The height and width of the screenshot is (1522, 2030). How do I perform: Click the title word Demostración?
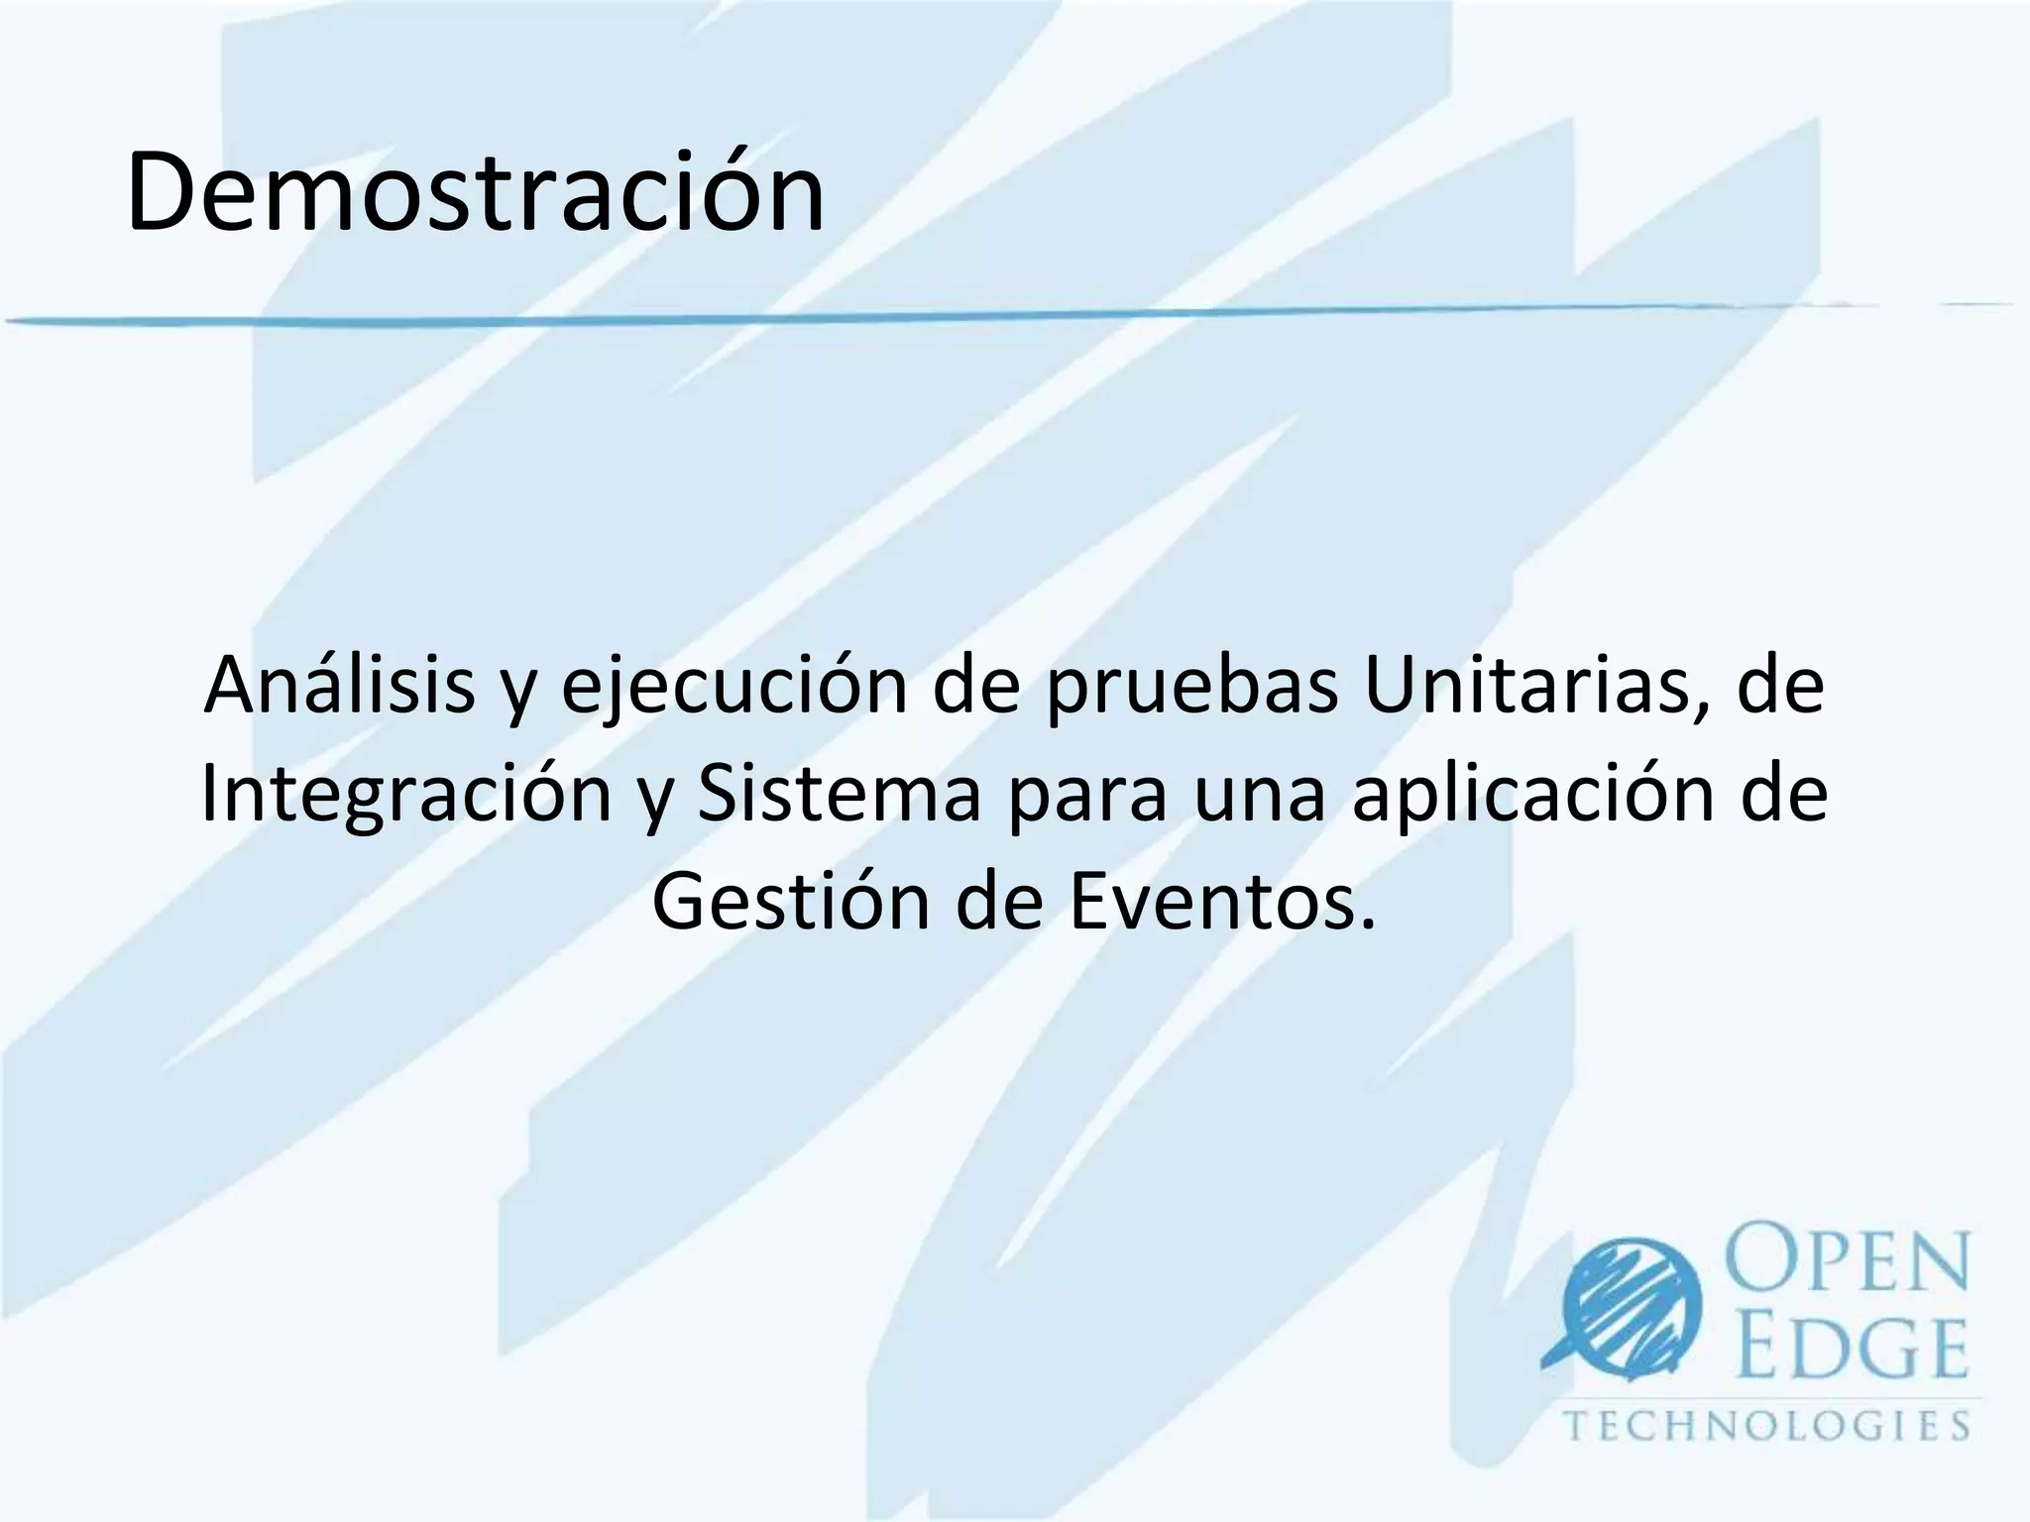475,191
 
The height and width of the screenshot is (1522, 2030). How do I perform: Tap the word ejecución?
734,686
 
